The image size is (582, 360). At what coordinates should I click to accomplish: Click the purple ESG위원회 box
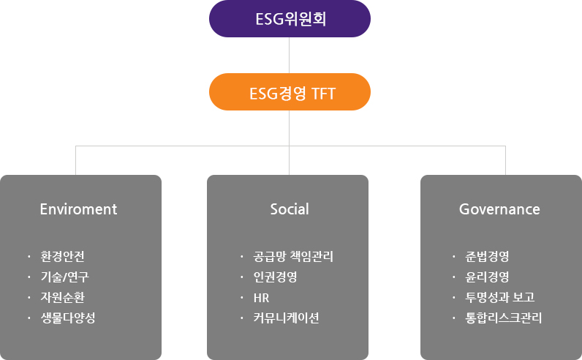290,18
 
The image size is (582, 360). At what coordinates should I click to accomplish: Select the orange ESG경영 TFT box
290,91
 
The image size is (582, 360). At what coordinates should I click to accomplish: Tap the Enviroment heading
78,209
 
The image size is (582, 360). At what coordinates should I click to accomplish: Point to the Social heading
290,209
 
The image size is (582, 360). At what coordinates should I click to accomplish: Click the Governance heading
499,209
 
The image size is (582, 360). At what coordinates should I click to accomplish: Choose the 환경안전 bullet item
62,256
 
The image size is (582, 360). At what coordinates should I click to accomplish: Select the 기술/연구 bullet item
64,277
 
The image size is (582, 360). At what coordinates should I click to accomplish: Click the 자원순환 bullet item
62,297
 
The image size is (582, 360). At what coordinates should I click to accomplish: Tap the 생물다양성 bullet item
68,318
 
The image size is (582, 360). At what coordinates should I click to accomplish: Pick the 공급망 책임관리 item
293,256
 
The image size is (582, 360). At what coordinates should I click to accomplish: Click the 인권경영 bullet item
275,277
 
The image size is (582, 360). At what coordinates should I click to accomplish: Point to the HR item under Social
261,298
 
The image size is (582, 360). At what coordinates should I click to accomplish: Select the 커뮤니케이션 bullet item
286,318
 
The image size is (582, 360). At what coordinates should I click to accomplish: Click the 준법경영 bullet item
487,256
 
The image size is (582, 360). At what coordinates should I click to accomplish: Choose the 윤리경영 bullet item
487,277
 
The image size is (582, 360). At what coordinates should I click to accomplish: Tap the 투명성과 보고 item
500,297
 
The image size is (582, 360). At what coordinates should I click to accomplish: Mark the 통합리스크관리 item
504,318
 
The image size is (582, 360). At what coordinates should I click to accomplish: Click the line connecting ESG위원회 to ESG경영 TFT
289,55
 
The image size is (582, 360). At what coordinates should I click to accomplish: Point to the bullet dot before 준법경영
453,256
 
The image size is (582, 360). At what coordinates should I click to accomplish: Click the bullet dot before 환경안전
29,256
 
